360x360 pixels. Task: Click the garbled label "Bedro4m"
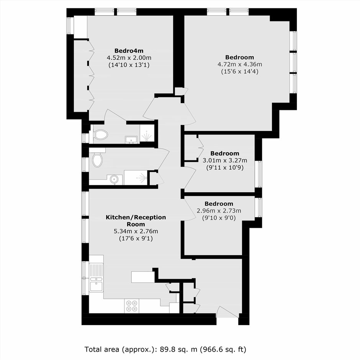(129, 51)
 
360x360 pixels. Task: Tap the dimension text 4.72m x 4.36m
(240, 64)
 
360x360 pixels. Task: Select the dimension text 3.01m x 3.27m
(225, 160)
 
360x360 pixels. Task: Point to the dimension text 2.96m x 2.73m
(219, 211)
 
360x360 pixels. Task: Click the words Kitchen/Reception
(136, 217)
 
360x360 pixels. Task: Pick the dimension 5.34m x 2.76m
(136, 231)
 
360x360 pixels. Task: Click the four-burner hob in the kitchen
(132, 306)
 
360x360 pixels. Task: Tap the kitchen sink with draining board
(96, 278)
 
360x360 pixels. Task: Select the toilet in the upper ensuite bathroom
(100, 134)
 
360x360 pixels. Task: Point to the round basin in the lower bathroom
(114, 179)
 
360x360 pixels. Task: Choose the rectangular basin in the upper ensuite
(131, 139)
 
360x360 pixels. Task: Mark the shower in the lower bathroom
(136, 177)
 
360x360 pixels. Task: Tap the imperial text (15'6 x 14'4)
(240, 71)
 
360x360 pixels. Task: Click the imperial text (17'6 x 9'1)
(136, 238)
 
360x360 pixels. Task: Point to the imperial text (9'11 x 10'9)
(225, 167)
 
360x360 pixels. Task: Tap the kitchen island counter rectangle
(142, 277)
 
